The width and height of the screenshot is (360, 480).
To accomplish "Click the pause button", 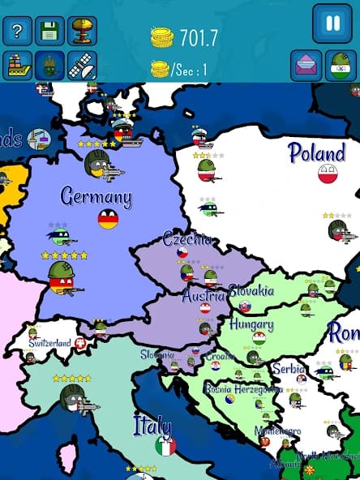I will click(x=332, y=23).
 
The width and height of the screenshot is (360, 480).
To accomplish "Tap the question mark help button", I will click(x=17, y=31).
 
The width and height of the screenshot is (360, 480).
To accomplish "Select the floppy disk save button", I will click(x=49, y=31).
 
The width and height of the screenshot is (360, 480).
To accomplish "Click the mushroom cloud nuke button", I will click(x=82, y=31).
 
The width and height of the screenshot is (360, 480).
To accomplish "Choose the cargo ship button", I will click(x=17, y=65).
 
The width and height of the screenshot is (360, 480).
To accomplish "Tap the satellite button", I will click(x=82, y=65).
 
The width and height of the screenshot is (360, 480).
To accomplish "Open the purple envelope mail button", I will click(x=306, y=66).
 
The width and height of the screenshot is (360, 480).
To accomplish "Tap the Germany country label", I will click(x=96, y=196).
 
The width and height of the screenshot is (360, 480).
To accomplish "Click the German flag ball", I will click(x=108, y=219).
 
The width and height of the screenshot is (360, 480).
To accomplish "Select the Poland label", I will click(x=316, y=152).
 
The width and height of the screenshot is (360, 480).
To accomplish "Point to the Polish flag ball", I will click(x=328, y=174).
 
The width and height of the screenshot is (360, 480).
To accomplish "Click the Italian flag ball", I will click(x=165, y=446).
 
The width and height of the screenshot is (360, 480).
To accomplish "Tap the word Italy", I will click(x=152, y=426).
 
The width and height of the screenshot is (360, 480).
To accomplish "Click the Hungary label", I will click(x=251, y=324).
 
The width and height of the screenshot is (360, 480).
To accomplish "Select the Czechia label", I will click(x=187, y=239).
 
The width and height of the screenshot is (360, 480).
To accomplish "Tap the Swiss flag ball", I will click(x=80, y=344).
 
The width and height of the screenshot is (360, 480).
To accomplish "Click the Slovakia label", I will click(x=251, y=291).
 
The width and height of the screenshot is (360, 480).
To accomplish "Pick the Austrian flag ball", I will click(x=205, y=308).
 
